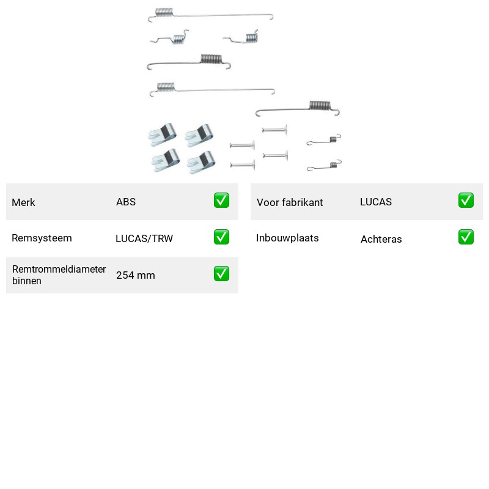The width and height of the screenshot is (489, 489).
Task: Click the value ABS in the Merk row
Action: tap(126, 202)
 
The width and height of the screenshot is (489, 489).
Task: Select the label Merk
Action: tap(23, 202)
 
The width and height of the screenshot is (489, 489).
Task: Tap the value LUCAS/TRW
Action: tap(144, 238)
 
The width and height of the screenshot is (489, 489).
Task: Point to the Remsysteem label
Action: tap(42, 238)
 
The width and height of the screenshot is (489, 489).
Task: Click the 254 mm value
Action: tap(135, 275)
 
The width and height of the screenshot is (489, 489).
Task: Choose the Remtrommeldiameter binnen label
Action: tap(59, 274)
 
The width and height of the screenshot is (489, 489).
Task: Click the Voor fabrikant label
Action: tap(290, 202)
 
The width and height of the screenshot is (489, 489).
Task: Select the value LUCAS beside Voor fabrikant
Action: tap(376, 202)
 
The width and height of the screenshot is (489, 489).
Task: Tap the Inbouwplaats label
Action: tap(287, 238)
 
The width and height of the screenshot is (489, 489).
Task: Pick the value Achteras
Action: tap(381, 239)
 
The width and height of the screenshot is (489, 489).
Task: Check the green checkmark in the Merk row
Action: tap(221, 200)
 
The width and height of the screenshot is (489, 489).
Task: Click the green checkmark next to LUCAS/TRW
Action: tap(221, 237)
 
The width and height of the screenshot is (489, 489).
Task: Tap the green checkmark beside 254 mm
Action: tap(221, 273)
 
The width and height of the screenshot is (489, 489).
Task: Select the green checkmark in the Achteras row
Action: tap(466, 237)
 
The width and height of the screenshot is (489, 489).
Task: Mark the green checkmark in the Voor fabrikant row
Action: tap(466, 200)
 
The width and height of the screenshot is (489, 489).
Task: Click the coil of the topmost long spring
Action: tap(164, 12)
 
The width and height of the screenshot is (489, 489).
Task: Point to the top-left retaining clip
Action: tap(162, 134)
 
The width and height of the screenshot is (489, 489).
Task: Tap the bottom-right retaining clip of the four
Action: tap(201, 162)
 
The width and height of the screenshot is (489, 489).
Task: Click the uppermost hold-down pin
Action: tap(274, 130)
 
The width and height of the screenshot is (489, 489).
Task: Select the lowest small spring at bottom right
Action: tap(325, 166)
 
